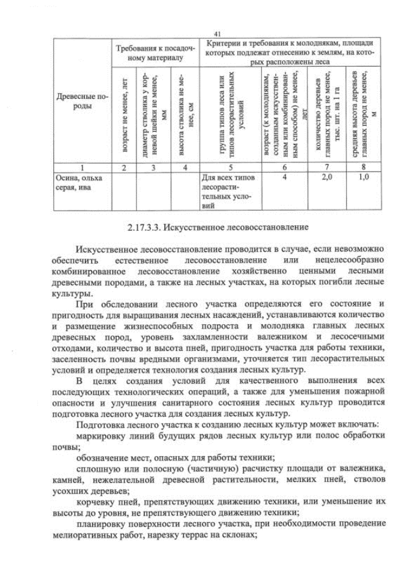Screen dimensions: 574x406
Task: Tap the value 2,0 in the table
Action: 327,178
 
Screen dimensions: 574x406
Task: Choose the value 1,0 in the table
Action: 363,178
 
